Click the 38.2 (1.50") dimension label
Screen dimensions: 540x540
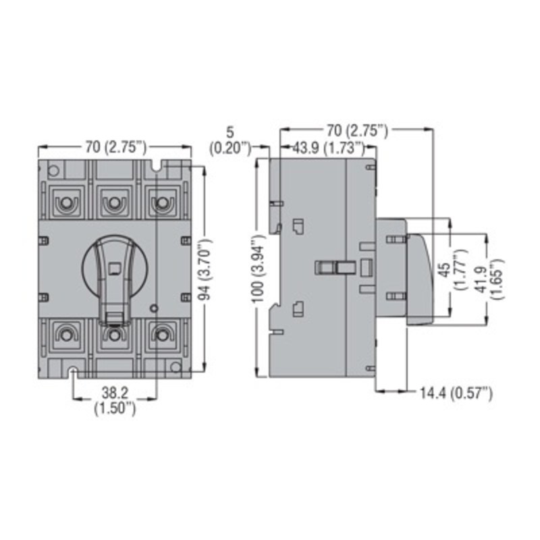point(115,400)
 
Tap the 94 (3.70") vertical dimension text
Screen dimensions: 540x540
point(205,269)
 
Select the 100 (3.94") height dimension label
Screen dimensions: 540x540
point(259,269)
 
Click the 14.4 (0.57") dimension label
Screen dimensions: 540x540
point(456,393)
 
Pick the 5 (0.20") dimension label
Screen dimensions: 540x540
point(230,140)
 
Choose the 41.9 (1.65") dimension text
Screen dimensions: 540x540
point(491,279)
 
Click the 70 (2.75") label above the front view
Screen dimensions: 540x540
point(115,147)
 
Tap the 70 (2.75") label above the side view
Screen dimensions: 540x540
point(357,130)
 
